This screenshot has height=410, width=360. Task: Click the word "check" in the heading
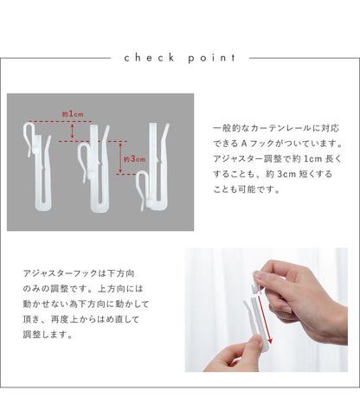(150, 58)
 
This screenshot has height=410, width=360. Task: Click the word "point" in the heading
(212, 58)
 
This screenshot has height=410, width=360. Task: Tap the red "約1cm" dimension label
(73, 114)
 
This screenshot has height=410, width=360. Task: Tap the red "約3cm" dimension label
(135, 159)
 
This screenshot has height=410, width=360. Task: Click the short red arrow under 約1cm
(73, 131)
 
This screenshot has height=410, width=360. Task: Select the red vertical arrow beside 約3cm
(121, 158)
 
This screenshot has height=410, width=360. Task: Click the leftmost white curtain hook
(38, 166)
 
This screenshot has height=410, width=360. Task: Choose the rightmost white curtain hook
(153, 167)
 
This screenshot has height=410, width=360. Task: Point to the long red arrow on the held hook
(265, 319)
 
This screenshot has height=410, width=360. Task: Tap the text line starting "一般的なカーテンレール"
(276, 128)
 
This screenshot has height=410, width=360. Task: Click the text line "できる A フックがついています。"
(278, 144)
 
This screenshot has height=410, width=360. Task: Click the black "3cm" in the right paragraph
(286, 174)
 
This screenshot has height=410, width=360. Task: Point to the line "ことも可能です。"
(247, 189)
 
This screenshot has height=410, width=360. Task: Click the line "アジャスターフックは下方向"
(79, 273)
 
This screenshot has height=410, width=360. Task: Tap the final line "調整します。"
(48, 335)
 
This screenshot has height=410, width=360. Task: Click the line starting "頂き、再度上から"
(81, 319)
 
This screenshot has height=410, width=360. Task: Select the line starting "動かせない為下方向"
(86, 304)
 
